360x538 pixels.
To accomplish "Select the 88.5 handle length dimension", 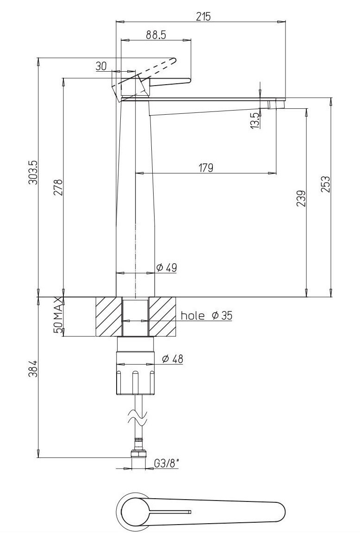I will (x=156, y=35).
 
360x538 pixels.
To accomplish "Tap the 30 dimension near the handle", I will (x=101, y=66).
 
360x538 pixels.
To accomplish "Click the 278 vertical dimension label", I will (x=58, y=187).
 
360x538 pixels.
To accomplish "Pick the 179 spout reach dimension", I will (x=206, y=167).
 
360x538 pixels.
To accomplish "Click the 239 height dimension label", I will (x=300, y=198).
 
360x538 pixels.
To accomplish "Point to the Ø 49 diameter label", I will (x=166, y=267).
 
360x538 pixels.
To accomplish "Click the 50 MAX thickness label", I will (x=58, y=316).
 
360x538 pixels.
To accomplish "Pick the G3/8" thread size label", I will (x=166, y=463).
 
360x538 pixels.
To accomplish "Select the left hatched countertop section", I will (x=108, y=316).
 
